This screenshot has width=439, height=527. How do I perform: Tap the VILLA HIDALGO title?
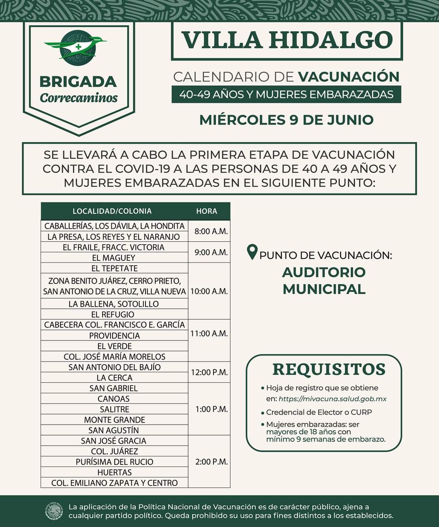(287, 40)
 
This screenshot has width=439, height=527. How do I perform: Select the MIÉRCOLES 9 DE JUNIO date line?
(286, 120)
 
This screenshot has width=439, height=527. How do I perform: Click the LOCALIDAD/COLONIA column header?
(112, 211)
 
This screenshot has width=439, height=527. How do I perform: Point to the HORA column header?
(206, 211)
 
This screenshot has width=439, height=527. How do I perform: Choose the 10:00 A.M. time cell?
(209, 291)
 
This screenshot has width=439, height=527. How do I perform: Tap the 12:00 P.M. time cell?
(209, 372)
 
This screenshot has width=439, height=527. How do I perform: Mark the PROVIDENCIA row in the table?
(114, 336)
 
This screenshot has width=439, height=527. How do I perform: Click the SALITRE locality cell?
(114, 409)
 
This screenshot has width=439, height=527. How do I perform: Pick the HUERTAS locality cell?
(114, 472)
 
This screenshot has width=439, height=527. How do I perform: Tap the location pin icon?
(252, 252)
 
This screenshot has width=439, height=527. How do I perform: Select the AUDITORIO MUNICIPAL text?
(324, 280)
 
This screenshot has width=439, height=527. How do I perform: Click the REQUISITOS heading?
(329, 369)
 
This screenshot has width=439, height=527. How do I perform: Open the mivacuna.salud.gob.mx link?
(333, 399)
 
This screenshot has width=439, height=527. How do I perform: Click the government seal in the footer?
(54, 512)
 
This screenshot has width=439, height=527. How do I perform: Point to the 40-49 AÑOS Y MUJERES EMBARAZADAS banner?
(286, 95)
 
